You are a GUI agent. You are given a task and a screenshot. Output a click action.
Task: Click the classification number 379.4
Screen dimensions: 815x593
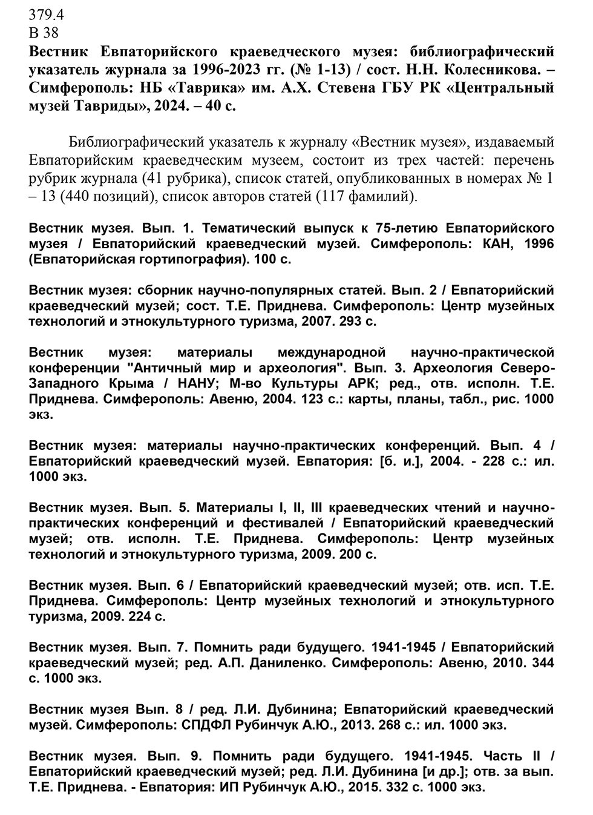pos(46,15)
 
